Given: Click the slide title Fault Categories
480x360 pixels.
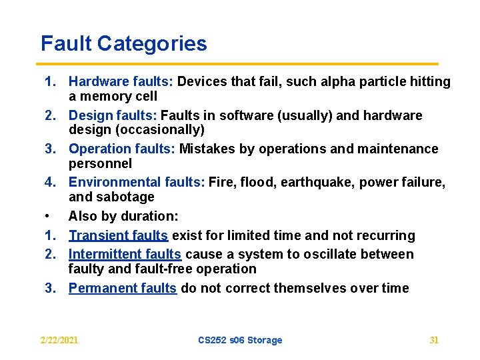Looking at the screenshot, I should pyautogui.click(x=123, y=44).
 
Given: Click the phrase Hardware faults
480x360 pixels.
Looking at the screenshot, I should pyautogui.click(x=120, y=82).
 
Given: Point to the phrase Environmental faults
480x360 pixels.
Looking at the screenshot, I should pyautogui.click(x=136, y=182).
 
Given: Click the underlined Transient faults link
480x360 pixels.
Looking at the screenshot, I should pyautogui.click(x=118, y=235).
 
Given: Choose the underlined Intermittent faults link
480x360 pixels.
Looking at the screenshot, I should pyautogui.click(x=125, y=255).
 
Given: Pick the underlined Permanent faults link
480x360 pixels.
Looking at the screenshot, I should pyautogui.click(x=122, y=288).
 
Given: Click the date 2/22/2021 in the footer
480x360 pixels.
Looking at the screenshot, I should pyautogui.click(x=59, y=340).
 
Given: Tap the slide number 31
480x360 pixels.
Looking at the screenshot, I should pyautogui.click(x=434, y=340).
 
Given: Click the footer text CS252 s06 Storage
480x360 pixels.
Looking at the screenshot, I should pyautogui.click(x=240, y=340).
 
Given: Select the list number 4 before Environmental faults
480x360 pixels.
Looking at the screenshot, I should pyautogui.click(x=49, y=182).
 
